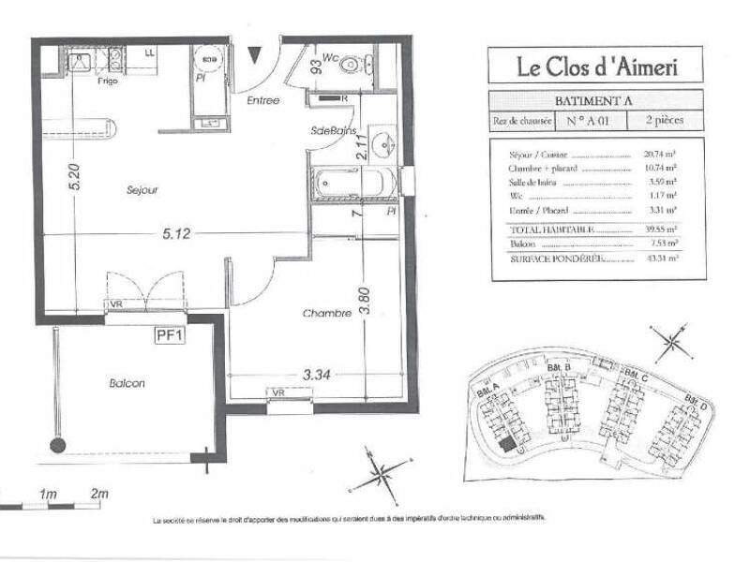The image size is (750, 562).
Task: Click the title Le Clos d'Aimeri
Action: click(595, 67)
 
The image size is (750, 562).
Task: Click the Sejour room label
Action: click(142, 190)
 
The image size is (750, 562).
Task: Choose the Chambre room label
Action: click(326, 314)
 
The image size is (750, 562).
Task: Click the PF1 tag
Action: click(169, 333)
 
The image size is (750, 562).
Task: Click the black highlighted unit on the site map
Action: click(507, 446)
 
